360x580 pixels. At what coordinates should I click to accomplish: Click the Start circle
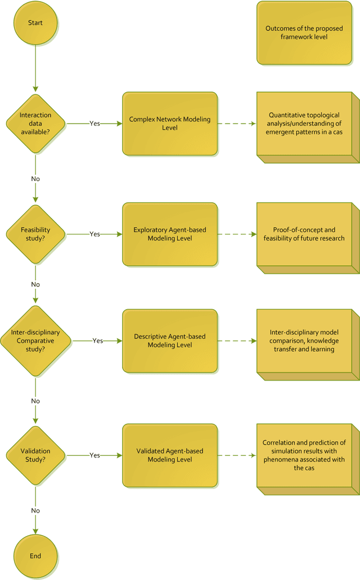(35, 23)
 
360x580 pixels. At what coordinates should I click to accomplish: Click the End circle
(35, 556)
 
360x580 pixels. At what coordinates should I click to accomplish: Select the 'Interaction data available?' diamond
(35, 123)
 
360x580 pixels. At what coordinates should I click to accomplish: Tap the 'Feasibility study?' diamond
(35, 234)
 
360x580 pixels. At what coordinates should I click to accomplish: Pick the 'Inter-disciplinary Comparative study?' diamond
(35, 341)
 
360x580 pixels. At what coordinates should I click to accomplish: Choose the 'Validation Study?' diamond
(35, 455)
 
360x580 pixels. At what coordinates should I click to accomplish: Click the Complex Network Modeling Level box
(169, 124)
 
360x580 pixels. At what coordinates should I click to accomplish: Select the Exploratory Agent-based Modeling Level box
(169, 234)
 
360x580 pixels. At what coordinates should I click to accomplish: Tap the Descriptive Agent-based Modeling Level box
(169, 341)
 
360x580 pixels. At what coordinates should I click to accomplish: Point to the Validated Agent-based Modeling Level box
(169, 455)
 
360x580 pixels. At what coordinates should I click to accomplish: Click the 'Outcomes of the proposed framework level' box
(304, 33)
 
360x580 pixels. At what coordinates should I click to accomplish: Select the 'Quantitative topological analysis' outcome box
(304, 124)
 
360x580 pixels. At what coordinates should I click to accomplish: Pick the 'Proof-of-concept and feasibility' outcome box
(304, 234)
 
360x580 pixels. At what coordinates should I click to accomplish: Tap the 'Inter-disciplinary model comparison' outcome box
(304, 341)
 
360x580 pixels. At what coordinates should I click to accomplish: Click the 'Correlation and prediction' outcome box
(304, 455)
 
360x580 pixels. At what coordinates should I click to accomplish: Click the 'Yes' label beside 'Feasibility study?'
(94, 234)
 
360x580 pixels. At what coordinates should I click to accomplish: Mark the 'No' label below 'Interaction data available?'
(35, 179)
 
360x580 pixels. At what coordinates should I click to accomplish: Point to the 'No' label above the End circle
(35, 510)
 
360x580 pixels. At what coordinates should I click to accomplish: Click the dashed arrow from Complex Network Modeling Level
(236, 124)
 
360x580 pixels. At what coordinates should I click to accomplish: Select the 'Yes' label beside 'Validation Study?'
(94, 455)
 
